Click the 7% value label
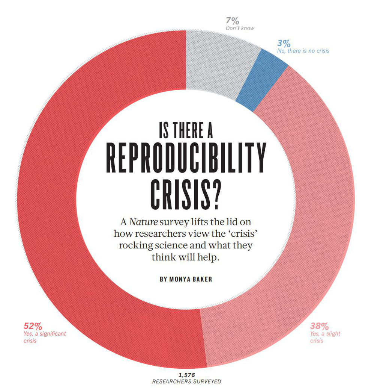pyautogui.click(x=233, y=21)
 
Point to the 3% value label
pyautogui.click(x=284, y=43)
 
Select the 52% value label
pyautogui.click(x=33, y=325)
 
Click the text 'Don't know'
pyautogui.click(x=240, y=28)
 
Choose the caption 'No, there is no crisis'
pyautogui.click(x=303, y=51)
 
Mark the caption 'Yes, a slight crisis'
pyautogui.click(x=325, y=337)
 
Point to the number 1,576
pyautogui.click(x=186, y=375)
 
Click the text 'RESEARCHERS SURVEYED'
pyautogui.click(x=186, y=381)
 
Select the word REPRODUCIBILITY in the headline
pyautogui.click(x=186, y=158)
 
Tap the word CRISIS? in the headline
pyautogui.click(x=185, y=195)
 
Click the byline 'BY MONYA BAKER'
pyautogui.click(x=186, y=279)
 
